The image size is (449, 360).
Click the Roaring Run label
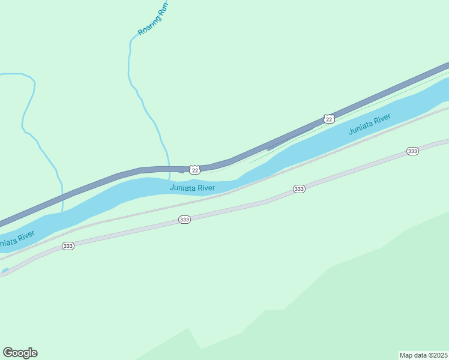point(153,19)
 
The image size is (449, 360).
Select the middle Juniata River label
point(192,188)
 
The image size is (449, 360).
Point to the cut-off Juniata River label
point(15,239)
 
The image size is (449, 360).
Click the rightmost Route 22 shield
point(328,119)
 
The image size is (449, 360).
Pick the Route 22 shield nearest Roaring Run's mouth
point(194,170)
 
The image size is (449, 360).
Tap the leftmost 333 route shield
point(68,246)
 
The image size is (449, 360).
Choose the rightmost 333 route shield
point(412,151)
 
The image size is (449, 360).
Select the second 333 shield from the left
point(184,220)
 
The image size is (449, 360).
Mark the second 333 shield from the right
point(299,189)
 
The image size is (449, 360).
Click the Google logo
point(20,353)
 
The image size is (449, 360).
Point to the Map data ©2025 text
point(423,355)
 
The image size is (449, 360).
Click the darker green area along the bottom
point(360,300)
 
